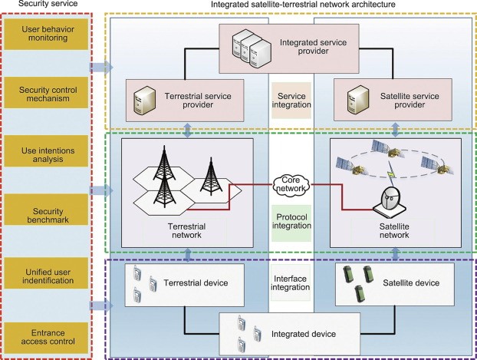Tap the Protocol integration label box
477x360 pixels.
coord(292,217)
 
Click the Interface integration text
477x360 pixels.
coord(292,282)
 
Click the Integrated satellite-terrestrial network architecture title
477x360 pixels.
coord(292,6)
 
